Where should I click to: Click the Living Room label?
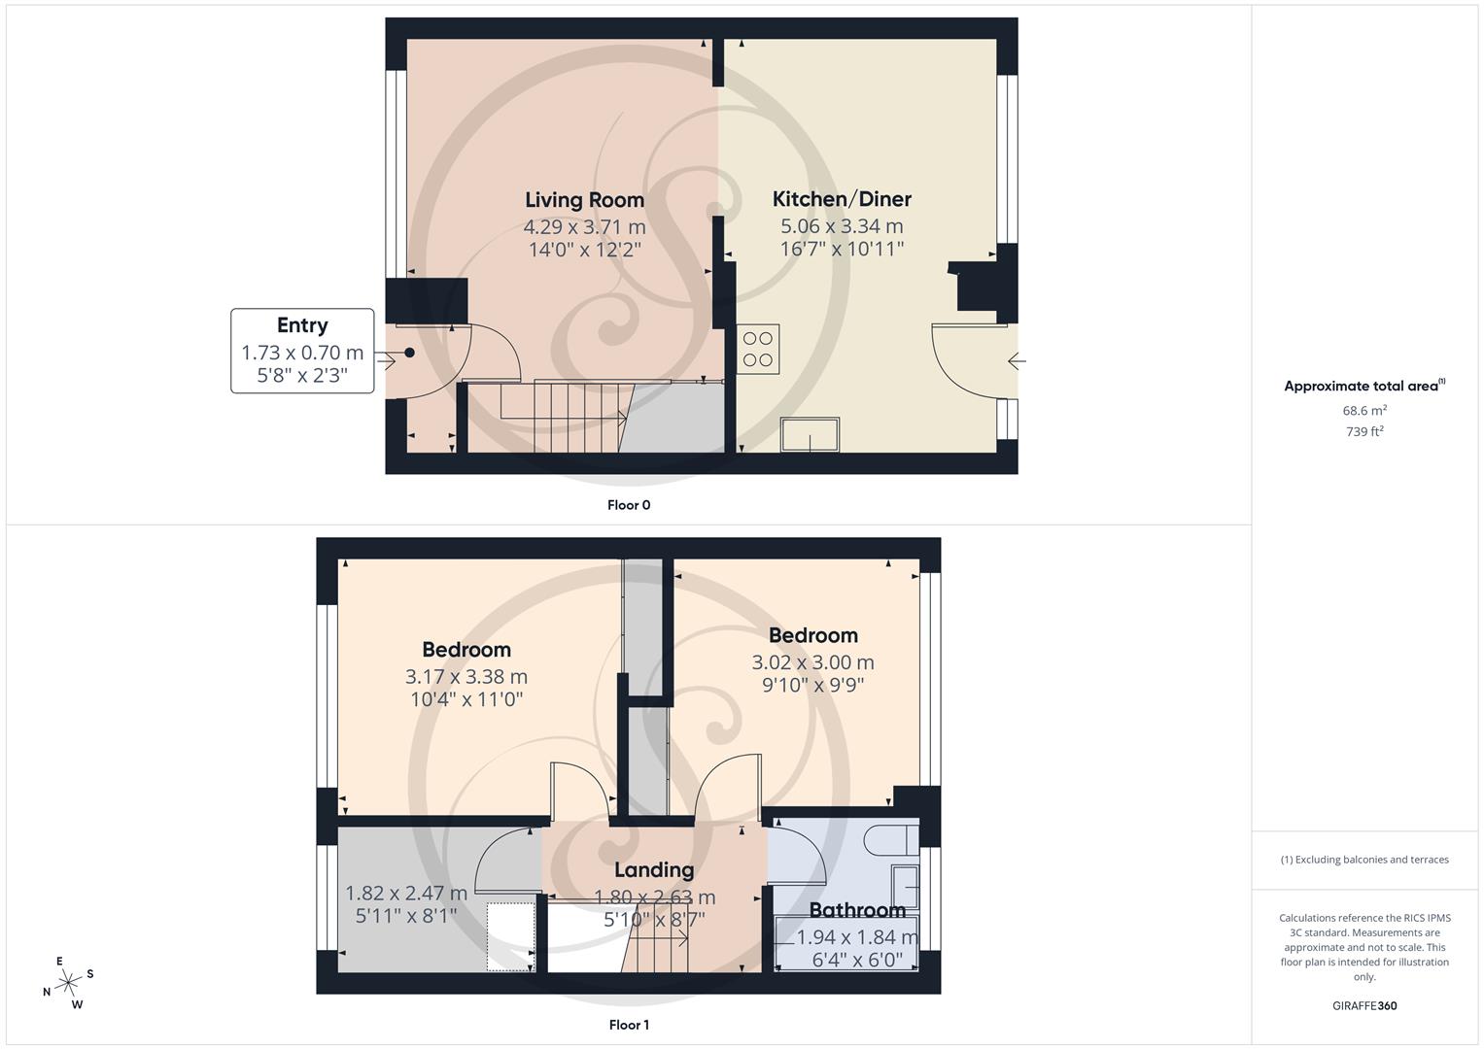584,200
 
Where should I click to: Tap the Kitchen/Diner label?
842,199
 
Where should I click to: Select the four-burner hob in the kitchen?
758,350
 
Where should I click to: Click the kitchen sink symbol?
811,435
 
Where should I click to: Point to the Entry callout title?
302,325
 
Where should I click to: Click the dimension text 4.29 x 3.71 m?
584,227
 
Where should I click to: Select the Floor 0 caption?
629,505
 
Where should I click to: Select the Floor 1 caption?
629,1025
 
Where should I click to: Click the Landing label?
654,869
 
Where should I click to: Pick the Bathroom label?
857,910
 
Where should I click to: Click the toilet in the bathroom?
891,839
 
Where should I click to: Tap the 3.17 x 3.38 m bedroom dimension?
466,677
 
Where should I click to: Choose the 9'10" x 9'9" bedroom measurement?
812,685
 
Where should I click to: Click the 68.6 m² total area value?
1364,411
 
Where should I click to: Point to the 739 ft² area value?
1364,432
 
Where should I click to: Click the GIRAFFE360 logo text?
1364,1006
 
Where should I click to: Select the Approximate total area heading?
1363,387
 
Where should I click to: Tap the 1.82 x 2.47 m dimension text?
406,893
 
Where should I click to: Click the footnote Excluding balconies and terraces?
1364,860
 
